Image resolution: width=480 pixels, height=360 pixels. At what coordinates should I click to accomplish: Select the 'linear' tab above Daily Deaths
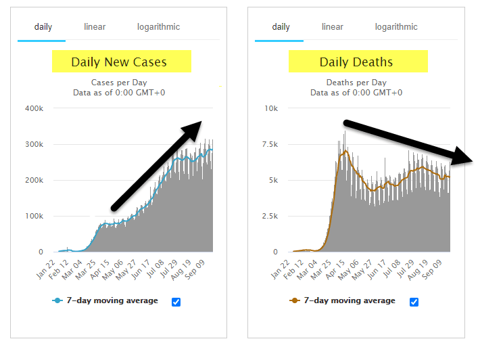click(332, 27)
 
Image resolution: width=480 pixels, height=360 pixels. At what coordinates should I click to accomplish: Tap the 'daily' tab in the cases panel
click(41, 27)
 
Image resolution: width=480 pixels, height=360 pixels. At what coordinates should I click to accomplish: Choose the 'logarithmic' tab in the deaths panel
click(396, 27)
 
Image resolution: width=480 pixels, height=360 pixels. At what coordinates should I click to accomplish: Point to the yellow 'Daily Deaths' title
click(356, 62)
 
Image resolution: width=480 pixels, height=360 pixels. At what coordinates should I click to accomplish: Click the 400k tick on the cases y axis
click(34, 108)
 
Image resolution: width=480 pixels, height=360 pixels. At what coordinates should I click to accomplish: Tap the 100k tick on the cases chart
click(34, 216)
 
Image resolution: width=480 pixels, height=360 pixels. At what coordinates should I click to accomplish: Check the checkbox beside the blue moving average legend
click(176, 302)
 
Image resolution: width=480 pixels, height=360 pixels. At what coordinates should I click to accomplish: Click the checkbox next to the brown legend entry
click(414, 302)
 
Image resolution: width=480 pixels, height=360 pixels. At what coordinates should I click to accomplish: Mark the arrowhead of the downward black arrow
click(464, 158)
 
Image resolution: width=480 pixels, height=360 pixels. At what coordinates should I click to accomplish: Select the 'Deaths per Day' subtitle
click(356, 83)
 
